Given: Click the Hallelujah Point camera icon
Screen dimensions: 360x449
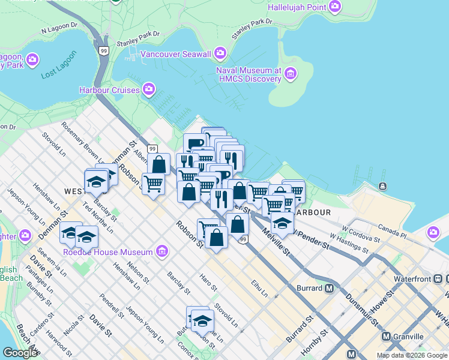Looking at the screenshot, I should click(335, 7).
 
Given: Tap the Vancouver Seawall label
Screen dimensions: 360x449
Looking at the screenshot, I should click(176, 55).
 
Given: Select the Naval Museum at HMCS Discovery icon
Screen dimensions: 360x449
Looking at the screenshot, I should click(291, 74).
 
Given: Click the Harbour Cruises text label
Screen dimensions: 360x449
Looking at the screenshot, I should click(109, 91).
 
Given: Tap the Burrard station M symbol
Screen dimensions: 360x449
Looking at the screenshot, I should click(329, 288).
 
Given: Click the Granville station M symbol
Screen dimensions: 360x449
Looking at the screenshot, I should click(386, 337).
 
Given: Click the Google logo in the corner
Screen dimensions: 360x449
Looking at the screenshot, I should click(20, 353).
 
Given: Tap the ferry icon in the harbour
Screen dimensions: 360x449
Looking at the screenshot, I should click(382, 187).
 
